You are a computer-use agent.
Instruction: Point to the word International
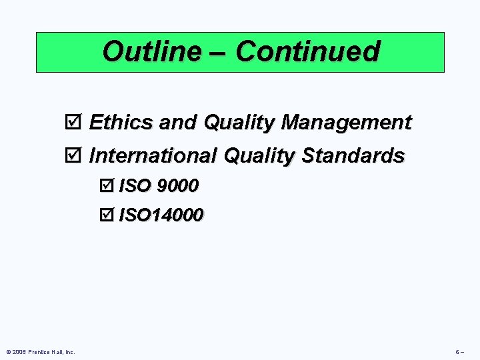[153, 156]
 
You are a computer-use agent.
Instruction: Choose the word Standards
[353, 156]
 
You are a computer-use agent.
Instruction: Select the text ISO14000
[161, 216]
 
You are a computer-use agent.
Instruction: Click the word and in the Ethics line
[179, 123]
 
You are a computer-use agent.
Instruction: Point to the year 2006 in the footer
[18, 351]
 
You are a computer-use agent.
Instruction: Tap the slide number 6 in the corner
[458, 351]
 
